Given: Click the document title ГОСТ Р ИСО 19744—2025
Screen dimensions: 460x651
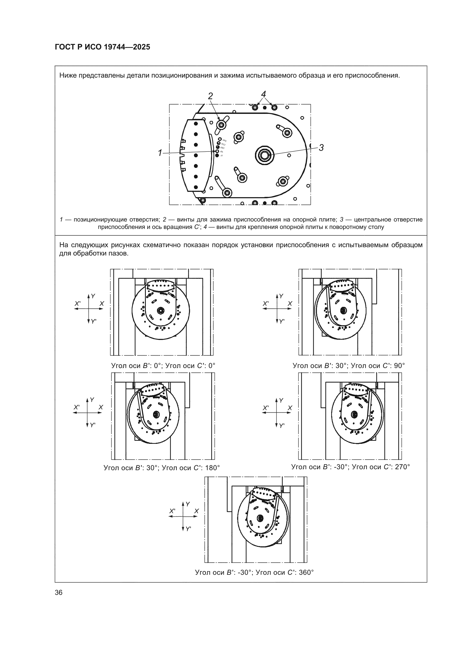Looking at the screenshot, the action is tap(102, 47).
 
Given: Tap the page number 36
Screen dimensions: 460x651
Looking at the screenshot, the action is tap(59, 592).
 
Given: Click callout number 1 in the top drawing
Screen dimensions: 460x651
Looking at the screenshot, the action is tap(160, 153).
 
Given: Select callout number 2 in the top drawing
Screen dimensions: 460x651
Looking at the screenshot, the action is tap(210, 96).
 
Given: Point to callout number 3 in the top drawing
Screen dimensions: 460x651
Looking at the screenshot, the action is tap(321, 148).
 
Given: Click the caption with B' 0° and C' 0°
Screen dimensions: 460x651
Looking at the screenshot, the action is tap(163, 366).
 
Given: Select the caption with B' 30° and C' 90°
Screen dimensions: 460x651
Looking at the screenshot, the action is tap(349, 366).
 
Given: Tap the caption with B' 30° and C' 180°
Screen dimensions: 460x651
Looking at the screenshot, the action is tap(162, 468).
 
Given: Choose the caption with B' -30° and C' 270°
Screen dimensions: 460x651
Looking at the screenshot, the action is tap(351, 467).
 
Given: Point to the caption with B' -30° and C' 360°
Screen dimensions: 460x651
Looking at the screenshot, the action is tap(255, 572).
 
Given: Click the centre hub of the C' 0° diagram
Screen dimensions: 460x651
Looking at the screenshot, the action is tap(161, 310).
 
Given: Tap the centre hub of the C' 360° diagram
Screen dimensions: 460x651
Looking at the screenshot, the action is tap(259, 518).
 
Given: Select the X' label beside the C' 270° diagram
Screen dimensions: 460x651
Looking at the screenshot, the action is tap(265, 408).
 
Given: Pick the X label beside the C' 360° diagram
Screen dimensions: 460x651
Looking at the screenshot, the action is tap(196, 511).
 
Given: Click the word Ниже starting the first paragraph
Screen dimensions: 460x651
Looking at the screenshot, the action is tap(67, 75).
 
